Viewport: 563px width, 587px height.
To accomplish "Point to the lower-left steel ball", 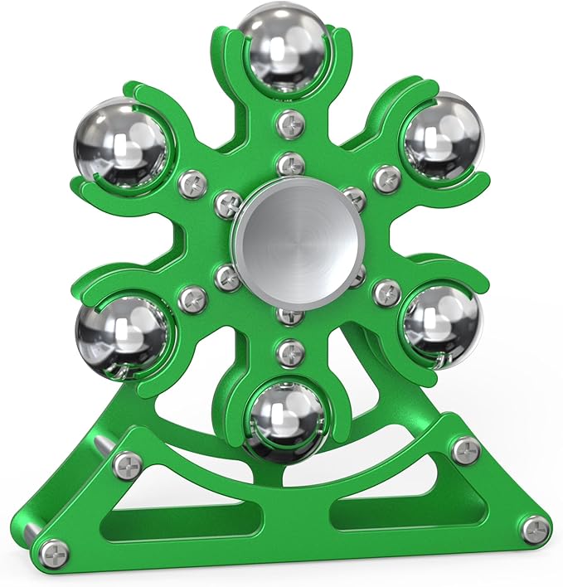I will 121,333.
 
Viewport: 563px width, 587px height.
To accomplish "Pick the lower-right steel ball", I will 440,323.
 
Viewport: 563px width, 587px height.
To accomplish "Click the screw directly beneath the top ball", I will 290,124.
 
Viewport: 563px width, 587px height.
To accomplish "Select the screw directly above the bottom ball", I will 289,352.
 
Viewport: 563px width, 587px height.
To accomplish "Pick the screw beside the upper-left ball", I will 192,179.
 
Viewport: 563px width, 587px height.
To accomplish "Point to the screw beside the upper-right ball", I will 386,177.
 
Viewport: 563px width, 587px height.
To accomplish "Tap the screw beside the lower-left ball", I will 192,297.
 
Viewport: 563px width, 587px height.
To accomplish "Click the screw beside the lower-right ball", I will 386,293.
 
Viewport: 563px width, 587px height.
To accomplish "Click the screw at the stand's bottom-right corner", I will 536,529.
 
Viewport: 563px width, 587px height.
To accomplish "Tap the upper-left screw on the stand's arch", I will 127,466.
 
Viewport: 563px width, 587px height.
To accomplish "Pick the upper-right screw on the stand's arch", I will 465,450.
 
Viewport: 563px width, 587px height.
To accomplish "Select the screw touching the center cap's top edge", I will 290,163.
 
